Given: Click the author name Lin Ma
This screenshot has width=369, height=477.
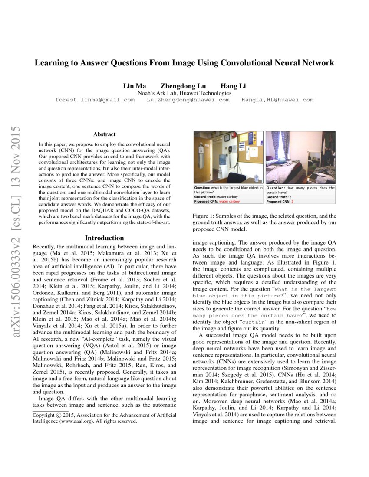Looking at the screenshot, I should [x=134, y=86].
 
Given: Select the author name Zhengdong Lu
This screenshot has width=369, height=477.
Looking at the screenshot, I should [x=183, y=86].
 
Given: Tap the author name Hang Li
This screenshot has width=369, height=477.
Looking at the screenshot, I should [x=233, y=86].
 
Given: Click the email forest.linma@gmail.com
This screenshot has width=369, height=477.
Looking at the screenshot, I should [x=95, y=100].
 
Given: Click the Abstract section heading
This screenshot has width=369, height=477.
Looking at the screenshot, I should [x=104, y=134].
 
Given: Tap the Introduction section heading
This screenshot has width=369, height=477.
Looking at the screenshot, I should [x=104, y=238].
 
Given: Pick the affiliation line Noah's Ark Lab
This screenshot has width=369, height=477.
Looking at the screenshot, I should [x=184, y=93].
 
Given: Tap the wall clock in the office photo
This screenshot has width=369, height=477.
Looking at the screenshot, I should [x=227, y=137].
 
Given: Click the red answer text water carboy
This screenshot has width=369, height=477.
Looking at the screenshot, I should [x=229, y=201].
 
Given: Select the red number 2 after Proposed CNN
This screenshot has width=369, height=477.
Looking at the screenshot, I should [x=292, y=201].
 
